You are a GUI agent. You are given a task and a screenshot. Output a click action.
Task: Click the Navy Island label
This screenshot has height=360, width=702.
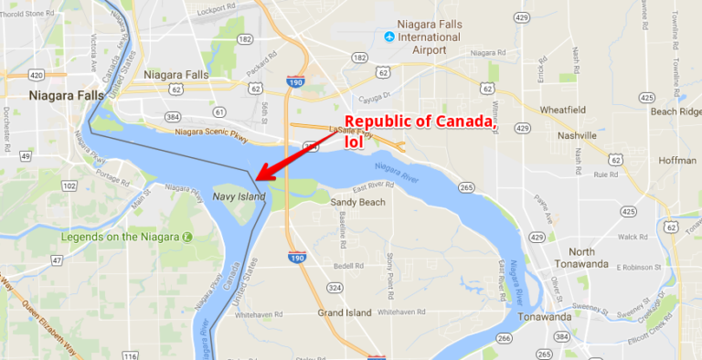click(x=239, y=196)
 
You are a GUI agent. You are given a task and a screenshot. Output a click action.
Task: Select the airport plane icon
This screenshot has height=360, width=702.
click(x=389, y=37)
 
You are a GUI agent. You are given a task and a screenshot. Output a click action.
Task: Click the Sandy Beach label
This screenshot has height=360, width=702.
click(x=357, y=202)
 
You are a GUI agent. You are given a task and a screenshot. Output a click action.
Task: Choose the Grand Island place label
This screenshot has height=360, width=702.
click(x=344, y=312)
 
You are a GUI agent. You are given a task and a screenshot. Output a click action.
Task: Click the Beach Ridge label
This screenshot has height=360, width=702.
click(x=675, y=111)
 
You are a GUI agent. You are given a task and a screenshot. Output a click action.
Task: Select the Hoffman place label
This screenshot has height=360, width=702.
click(x=677, y=159)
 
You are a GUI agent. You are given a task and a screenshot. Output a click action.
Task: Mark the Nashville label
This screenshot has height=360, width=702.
click(x=576, y=135)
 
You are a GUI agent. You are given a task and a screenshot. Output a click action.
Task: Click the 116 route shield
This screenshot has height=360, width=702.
click(x=131, y=355)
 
